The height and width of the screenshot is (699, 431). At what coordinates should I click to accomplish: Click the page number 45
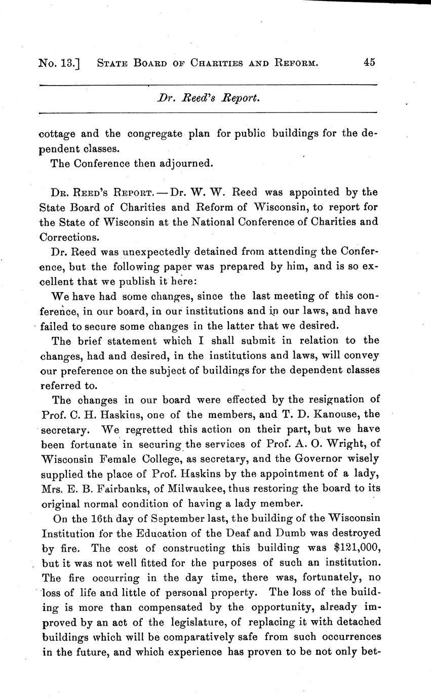pos(369,63)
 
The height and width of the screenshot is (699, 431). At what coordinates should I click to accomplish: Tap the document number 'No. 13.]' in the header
pos(60,63)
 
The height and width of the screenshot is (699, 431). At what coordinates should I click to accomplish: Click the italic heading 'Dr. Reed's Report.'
pos(208,98)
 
